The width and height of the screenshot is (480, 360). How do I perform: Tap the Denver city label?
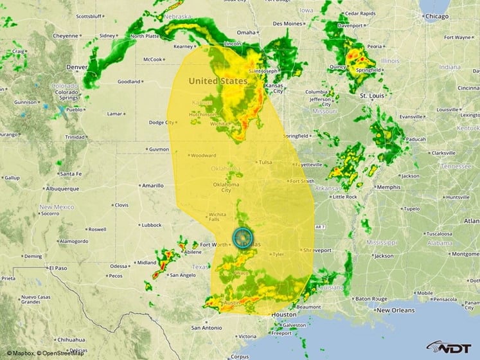pos(76,67)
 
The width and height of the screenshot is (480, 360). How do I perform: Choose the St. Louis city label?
pos(372,96)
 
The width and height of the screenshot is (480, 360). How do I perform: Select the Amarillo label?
pos(152,185)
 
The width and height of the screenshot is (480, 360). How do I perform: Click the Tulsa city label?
pos(265,163)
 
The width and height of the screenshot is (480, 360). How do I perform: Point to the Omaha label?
pos(246,32)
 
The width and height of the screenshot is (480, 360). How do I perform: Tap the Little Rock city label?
pos(344,197)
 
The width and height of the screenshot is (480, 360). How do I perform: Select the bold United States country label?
pos(217,81)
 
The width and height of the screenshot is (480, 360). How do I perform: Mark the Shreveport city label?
pos(317,250)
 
